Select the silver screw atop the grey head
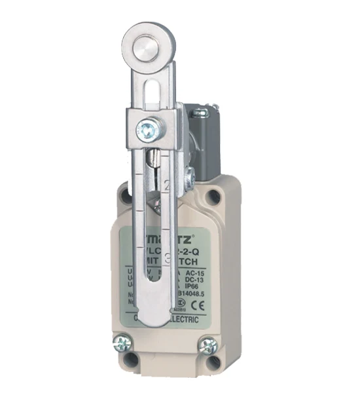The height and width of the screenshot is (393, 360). point(200,113)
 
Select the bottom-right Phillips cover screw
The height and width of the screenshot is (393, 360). point(209,345)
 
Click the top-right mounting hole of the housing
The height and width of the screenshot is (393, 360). point(213,195)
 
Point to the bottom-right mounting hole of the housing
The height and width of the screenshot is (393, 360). point(213,362)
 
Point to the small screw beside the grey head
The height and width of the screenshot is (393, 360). point(189,175)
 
